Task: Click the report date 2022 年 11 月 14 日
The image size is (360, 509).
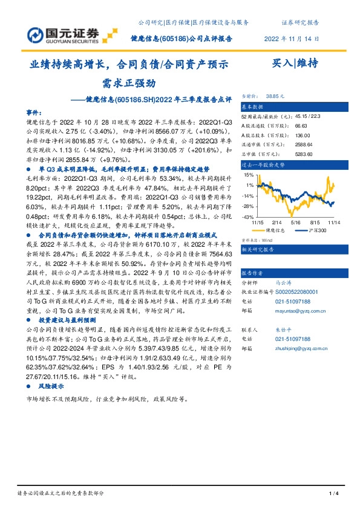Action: click(x=292, y=37)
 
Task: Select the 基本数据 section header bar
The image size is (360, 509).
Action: click(x=296, y=106)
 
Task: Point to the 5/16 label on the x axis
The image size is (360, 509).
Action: click(x=296, y=223)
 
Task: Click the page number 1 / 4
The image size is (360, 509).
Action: click(x=332, y=494)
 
